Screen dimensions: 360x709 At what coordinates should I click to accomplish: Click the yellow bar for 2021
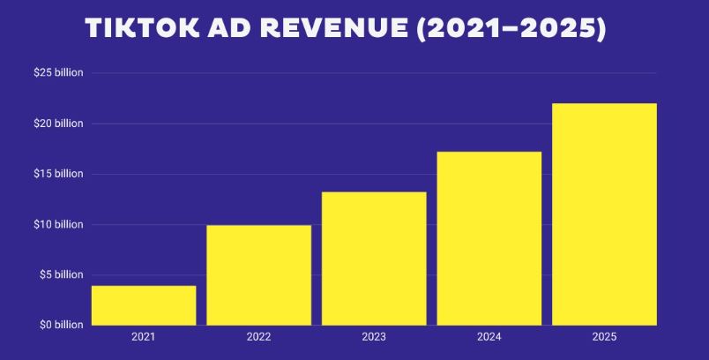144,305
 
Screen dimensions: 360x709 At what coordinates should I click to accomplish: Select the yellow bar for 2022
258,275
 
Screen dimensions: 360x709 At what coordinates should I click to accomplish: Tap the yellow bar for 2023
374,259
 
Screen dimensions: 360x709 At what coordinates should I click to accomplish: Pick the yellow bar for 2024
489,238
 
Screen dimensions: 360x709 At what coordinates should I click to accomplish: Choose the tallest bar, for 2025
604,214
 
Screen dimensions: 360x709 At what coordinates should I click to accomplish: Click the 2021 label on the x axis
144,337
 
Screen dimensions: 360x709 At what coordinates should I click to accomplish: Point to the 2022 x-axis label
258,337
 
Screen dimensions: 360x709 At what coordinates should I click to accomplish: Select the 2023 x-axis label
374,337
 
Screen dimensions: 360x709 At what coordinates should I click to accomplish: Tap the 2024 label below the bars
489,337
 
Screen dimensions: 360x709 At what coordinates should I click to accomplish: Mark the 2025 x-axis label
604,337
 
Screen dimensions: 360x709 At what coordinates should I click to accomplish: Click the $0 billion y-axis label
59,326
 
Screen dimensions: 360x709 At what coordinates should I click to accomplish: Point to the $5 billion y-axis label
59,275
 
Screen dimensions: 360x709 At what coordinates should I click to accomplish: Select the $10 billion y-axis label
57,225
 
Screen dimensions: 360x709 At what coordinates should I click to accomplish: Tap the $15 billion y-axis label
57,174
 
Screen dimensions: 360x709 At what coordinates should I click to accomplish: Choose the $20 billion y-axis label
57,124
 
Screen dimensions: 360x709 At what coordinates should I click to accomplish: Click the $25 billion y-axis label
57,72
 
